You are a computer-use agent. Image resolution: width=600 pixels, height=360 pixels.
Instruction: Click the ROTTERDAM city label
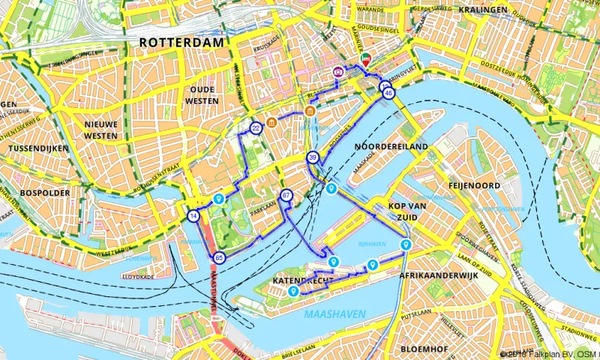click(x=181, y=43)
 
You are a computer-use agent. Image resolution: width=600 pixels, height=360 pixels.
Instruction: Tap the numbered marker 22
click(x=256, y=128)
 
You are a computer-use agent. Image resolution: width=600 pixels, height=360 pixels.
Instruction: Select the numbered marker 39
click(x=312, y=157)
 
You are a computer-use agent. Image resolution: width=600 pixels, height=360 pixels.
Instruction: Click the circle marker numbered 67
click(x=286, y=196)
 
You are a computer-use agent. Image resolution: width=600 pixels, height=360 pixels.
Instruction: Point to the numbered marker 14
click(x=194, y=216)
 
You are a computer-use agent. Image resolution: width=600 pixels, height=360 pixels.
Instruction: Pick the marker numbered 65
click(x=219, y=257)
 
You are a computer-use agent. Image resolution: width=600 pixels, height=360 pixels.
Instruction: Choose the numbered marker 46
click(x=388, y=94)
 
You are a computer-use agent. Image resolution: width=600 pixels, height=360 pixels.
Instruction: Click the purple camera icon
click(x=338, y=71)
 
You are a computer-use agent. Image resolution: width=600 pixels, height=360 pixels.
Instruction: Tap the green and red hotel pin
click(x=365, y=58)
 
